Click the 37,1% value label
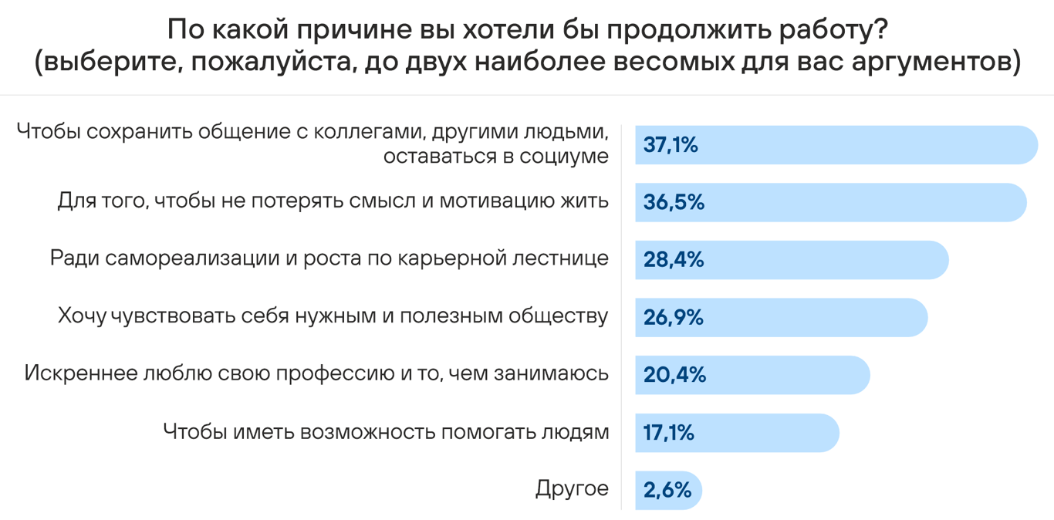click(x=671, y=145)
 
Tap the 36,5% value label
click(x=674, y=202)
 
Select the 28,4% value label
click(x=674, y=260)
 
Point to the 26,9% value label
click(x=673, y=317)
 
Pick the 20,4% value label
click(x=674, y=375)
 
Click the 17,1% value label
click(x=669, y=433)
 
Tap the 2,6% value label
click(x=667, y=490)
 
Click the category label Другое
click(x=572, y=489)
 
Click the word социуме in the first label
click(x=564, y=157)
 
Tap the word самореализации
click(x=192, y=259)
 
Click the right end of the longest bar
click(x=1036, y=145)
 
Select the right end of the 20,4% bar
click(x=868, y=375)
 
